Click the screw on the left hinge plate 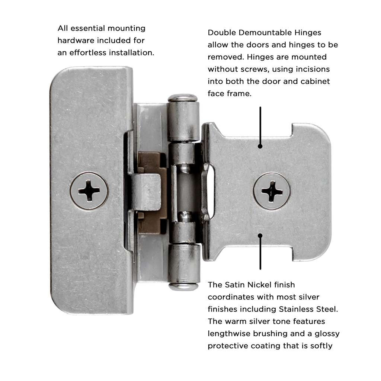[89, 191]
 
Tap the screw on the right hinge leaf [272, 191]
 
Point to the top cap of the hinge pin [182, 98]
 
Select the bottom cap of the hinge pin [183, 286]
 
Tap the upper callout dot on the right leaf [260, 146]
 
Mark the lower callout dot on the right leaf [260, 236]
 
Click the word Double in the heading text [222, 33]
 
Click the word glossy [327, 334]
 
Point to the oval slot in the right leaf [208, 192]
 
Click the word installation [131, 52]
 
